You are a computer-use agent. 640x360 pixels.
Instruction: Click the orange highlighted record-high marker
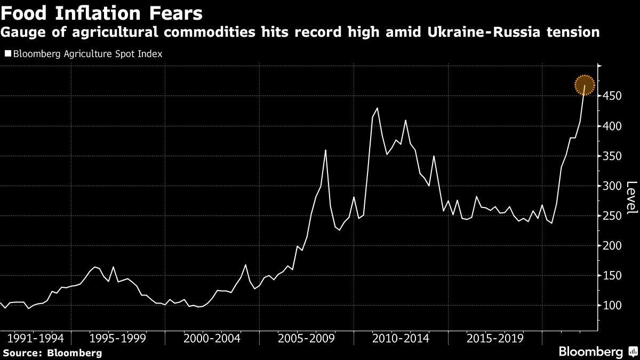[585, 85]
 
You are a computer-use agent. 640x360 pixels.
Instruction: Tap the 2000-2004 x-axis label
[212, 339]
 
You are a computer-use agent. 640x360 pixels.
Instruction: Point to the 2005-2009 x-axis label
[306, 339]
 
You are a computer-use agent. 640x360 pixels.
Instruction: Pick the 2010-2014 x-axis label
[401, 339]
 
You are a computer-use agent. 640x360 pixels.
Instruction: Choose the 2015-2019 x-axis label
[495, 339]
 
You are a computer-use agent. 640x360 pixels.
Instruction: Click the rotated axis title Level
[631, 198]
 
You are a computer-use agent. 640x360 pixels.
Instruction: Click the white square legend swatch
[7, 54]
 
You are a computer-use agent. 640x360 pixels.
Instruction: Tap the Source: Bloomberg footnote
[52, 353]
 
